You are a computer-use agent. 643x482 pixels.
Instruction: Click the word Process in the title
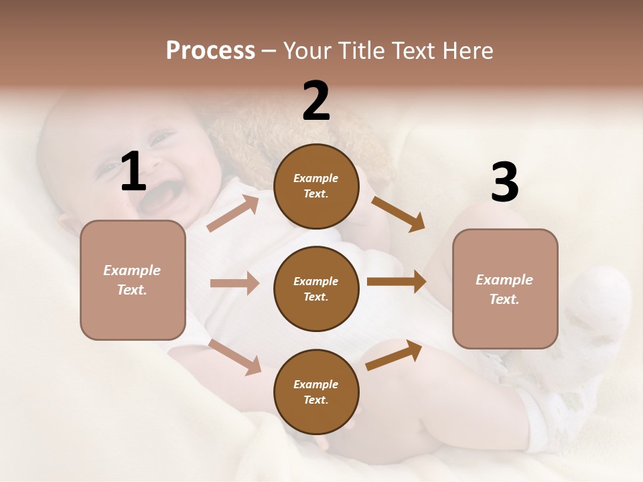point(210,51)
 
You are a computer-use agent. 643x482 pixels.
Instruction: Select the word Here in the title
point(466,51)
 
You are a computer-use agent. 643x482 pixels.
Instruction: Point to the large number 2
point(316,101)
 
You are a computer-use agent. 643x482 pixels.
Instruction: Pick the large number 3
point(504,183)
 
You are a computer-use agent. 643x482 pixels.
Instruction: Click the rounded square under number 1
point(133,280)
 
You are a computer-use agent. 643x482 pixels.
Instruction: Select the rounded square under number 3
point(505,289)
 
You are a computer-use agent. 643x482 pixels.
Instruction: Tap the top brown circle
point(316,186)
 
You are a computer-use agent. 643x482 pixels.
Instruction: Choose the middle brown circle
point(316,289)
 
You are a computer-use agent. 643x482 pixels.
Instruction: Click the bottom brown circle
point(316,392)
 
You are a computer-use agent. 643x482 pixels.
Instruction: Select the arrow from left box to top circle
point(233,213)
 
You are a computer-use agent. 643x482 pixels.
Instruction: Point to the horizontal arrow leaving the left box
point(234,283)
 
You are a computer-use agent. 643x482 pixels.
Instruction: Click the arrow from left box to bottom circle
point(234,357)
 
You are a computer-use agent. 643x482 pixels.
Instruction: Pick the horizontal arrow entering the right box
point(397,282)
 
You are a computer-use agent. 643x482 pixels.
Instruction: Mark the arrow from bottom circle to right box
point(394,355)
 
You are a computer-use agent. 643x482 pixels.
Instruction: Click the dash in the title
point(269,52)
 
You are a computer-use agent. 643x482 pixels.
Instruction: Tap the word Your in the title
point(305,51)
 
